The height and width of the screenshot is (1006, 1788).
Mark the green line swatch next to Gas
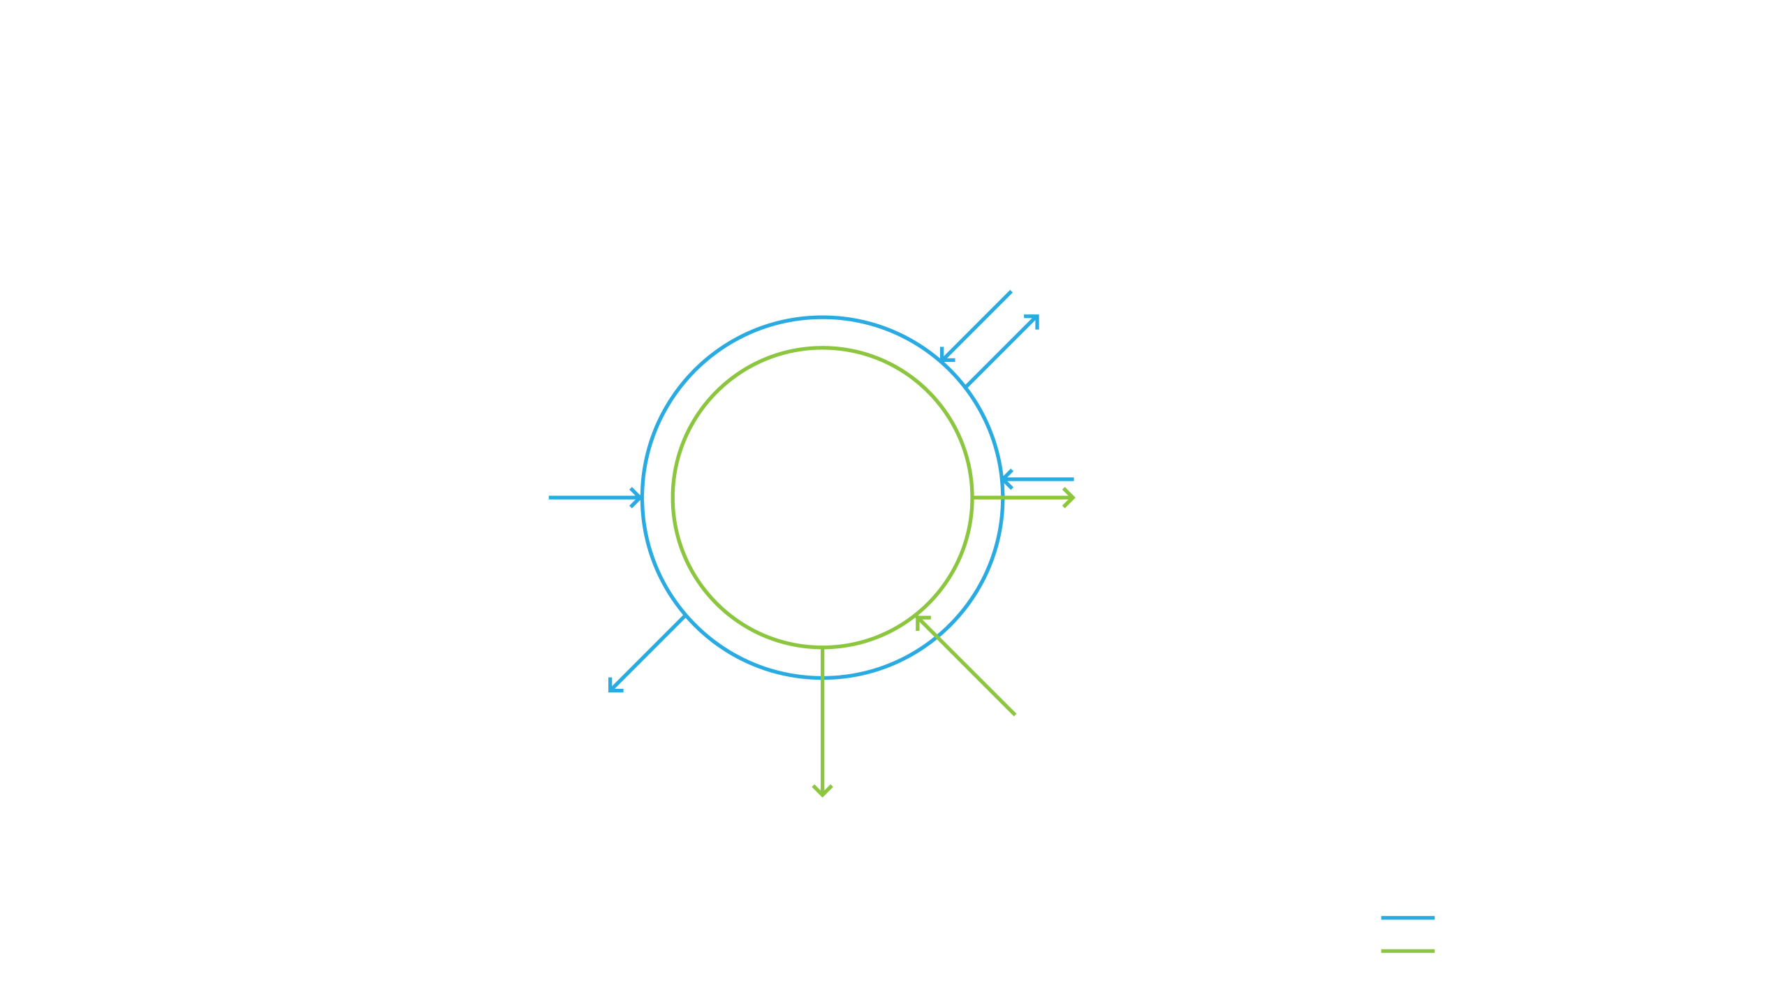[x=1407, y=951]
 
